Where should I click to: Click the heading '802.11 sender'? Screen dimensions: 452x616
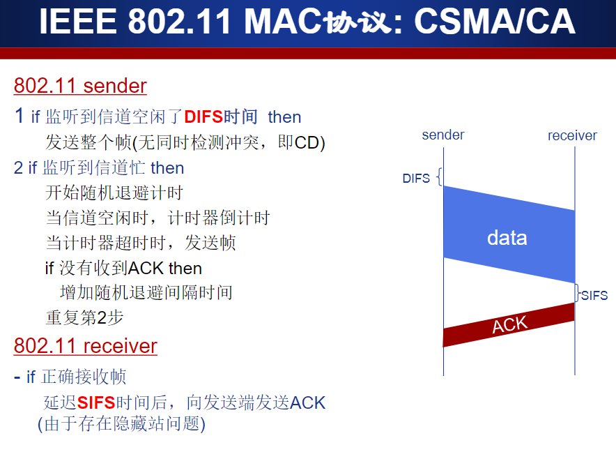click(80, 86)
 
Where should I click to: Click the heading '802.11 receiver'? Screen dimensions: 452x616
click(85, 346)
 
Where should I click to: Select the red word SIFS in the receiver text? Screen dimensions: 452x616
click(96, 402)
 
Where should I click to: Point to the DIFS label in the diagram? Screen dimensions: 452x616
click(416, 179)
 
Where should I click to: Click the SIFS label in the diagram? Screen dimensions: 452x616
click(594, 296)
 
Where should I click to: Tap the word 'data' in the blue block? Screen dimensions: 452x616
click(507, 238)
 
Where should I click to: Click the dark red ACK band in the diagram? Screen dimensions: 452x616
click(509, 325)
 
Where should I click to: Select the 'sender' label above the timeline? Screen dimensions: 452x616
click(443, 135)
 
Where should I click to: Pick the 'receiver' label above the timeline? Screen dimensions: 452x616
click(572, 135)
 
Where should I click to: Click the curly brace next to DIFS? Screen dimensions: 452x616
click(439, 177)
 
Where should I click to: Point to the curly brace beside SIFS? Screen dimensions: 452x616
click(578, 293)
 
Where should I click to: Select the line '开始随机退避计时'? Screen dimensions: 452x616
click(114, 193)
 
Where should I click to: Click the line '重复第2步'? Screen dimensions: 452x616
click(84, 317)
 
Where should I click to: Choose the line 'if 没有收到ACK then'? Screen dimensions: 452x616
click(123, 268)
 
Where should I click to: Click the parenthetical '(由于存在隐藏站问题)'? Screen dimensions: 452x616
click(121, 423)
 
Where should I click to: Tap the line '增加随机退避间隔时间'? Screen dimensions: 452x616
click(146, 292)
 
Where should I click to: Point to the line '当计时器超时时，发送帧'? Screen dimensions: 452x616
click(140, 243)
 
